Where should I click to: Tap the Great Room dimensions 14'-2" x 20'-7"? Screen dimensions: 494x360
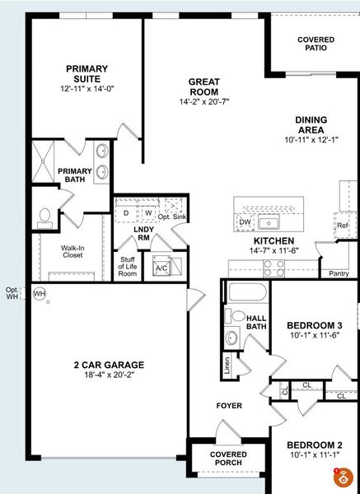tap(203, 102)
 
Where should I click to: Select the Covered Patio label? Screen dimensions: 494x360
tap(316, 43)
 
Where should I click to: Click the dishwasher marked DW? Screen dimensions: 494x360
tap(245, 221)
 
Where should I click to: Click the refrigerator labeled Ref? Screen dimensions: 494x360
tap(342, 225)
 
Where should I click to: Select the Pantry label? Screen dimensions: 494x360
tap(339, 273)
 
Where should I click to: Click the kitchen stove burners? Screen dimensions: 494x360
tap(274, 267)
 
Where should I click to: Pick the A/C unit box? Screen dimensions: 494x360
tap(161, 267)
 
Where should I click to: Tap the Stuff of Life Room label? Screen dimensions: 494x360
tap(128, 267)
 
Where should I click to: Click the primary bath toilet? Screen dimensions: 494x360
tap(45, 217)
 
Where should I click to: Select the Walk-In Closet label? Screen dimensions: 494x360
tap(70, 250)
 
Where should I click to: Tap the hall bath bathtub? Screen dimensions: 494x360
tap(248, 292)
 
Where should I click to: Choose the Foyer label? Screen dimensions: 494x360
tap(228, 406)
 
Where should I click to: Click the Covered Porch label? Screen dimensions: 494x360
tap(228, 459)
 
